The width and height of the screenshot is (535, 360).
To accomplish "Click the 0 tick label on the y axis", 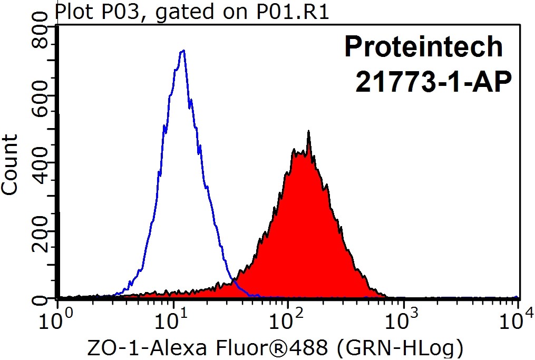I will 40,299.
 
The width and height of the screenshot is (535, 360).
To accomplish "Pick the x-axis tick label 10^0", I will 56,318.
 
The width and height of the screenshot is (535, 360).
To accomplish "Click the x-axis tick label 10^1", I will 171,318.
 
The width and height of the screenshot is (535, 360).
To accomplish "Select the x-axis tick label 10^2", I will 287,318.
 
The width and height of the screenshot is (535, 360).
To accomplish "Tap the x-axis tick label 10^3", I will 403,318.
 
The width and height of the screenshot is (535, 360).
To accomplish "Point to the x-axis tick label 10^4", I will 518,318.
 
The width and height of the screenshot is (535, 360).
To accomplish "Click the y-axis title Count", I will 10,164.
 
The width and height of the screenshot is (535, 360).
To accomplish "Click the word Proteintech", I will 424,47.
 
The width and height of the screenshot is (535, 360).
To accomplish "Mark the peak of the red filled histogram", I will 308,133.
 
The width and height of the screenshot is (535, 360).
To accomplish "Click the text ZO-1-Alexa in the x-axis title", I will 152,348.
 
